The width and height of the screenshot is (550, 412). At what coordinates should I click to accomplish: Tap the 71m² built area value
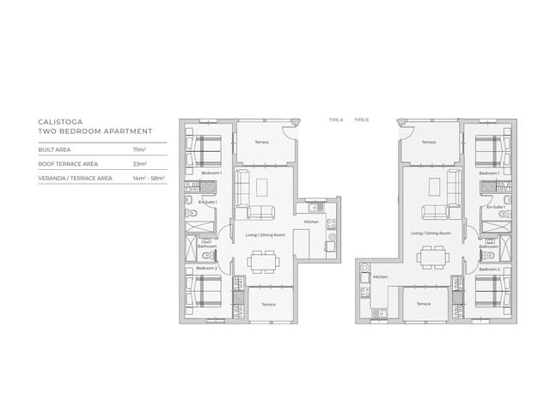tap(139, 148)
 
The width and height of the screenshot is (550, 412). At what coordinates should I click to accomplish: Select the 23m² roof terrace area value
tap(140, 163)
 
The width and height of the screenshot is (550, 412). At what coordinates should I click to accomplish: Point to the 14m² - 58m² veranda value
tap(149, 178)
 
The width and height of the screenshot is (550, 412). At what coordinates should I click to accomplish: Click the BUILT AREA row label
tap(54, 148)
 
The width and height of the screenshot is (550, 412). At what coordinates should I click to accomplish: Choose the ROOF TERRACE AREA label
tap(68, 163)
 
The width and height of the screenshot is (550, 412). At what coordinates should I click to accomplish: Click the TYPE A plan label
tap(335, 120)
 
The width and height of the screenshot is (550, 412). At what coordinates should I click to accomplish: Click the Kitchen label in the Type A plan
tap(311, 221)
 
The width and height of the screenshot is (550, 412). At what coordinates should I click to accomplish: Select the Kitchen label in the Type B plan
tap(381, 277)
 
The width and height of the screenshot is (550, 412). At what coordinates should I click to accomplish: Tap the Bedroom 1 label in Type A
tap(211, 173)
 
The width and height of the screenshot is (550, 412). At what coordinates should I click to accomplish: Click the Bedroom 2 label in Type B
tap(489, 269)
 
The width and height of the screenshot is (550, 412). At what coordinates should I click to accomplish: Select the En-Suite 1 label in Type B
tap(494, 208)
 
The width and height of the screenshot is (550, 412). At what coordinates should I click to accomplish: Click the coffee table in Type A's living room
tap(263, 185)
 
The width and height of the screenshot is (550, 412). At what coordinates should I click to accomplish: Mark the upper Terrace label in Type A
tap(262, 142)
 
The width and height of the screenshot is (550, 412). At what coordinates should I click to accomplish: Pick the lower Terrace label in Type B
tap(423, 304)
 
